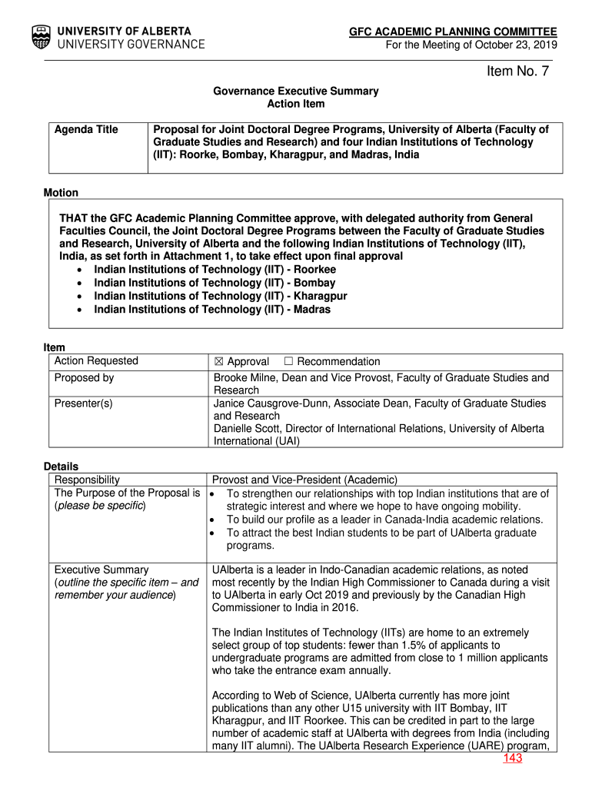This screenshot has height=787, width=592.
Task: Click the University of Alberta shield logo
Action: click(x=42, y=37)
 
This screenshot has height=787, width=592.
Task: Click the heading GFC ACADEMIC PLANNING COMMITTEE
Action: click(x=453, y=32)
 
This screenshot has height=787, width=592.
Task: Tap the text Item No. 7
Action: click(x=517, y=71)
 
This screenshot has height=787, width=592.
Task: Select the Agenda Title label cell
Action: click(x=86, y=129)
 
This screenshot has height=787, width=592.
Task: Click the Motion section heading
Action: click(x=61, y=193)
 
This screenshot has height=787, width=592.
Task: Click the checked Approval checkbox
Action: click(x=218, y=362)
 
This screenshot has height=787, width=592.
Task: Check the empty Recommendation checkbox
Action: click(x=288, y=362)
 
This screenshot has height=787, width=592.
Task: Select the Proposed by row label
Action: click(x=84, y=377)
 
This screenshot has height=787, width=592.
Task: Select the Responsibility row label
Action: click(x=87, y=480)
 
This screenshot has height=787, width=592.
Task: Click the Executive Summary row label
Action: click(x=101, y=569)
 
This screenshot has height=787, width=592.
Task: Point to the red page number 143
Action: click(x=513, y=759)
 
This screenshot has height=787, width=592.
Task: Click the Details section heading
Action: click(x=61, y=467)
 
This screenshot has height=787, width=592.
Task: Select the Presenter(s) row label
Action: click(x=83, y=403)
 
